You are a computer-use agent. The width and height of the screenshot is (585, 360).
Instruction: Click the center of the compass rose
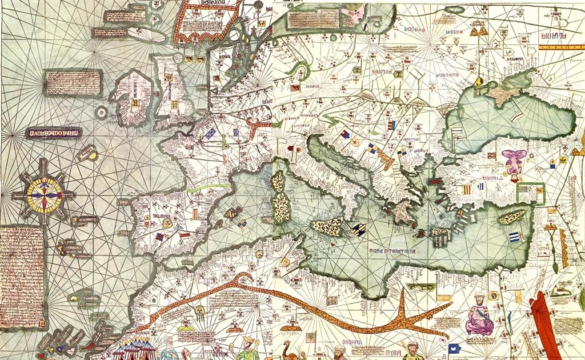click(44, 194)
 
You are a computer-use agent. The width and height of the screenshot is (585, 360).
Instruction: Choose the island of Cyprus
click(512, 217)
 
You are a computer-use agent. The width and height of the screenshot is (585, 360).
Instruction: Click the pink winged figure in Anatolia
click(513, 161)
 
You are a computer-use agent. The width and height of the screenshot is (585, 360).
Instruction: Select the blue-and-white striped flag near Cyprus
click(514, 237)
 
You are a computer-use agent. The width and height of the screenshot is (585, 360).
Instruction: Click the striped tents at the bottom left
click(133, 347)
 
